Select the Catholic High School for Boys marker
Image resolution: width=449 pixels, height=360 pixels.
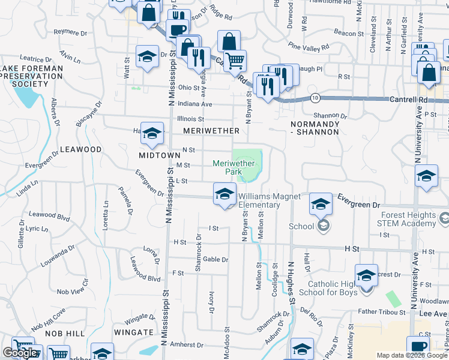(366, 275)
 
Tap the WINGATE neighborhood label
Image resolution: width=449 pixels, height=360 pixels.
(133, 332)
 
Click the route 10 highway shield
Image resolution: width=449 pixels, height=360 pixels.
(315, 97)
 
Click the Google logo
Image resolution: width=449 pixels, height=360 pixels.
(20, 353)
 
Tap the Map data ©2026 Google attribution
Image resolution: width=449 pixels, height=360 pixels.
(412, 356)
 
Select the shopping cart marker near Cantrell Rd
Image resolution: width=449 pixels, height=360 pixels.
(235, 61)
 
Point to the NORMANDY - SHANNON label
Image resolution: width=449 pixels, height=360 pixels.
(315, 127)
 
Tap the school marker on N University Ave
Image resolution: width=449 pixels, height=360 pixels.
(426, 177)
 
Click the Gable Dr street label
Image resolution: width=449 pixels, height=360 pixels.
(215, 259)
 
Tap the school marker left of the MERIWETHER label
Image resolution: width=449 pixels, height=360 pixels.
(152, 133)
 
